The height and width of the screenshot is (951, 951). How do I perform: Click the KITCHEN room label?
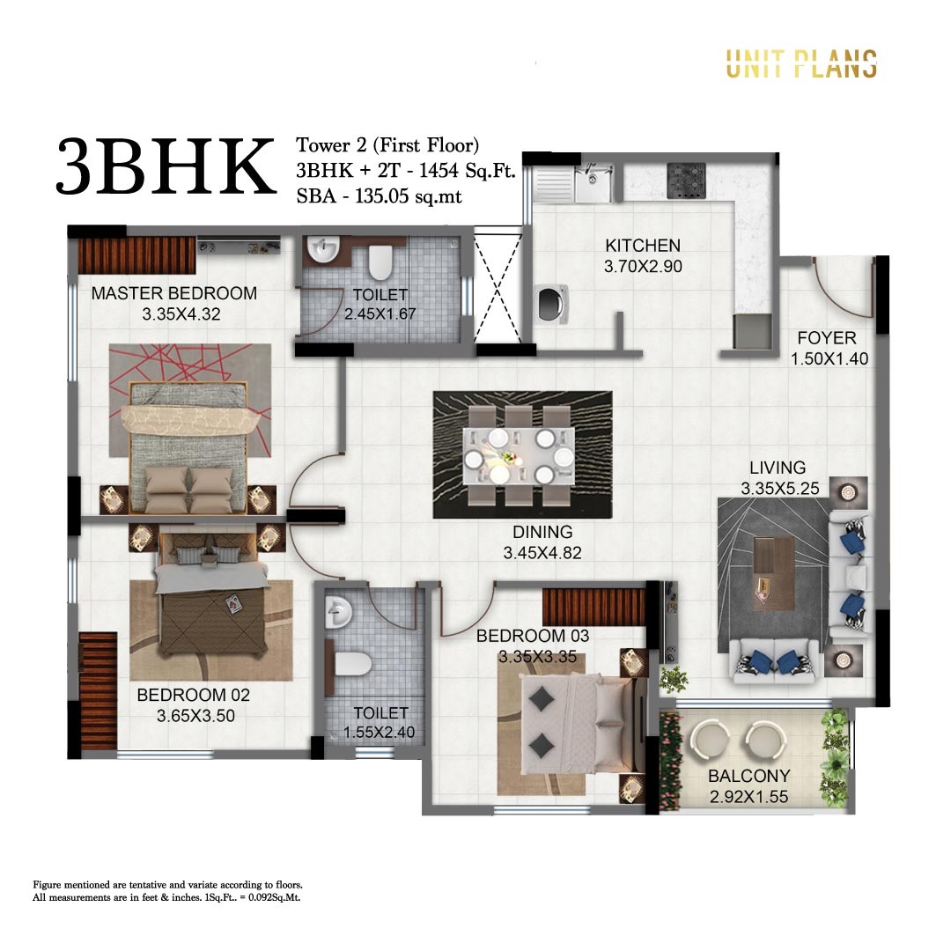point(643,246)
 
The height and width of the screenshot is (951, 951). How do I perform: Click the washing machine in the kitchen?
point(550,306)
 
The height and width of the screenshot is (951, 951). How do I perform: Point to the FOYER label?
point(826,338)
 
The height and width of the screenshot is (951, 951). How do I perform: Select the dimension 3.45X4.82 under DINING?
point(542,554)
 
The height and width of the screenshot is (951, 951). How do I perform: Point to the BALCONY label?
point(749,777)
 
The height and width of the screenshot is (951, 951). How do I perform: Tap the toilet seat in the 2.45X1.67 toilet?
point(380,262)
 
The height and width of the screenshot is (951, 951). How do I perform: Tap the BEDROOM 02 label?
point(194,696)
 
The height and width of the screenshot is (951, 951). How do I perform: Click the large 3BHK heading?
point(166,166)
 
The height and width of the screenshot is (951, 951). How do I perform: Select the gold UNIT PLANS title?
point(800,63)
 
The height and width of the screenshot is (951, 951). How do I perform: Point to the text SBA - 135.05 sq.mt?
point(379,197)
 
